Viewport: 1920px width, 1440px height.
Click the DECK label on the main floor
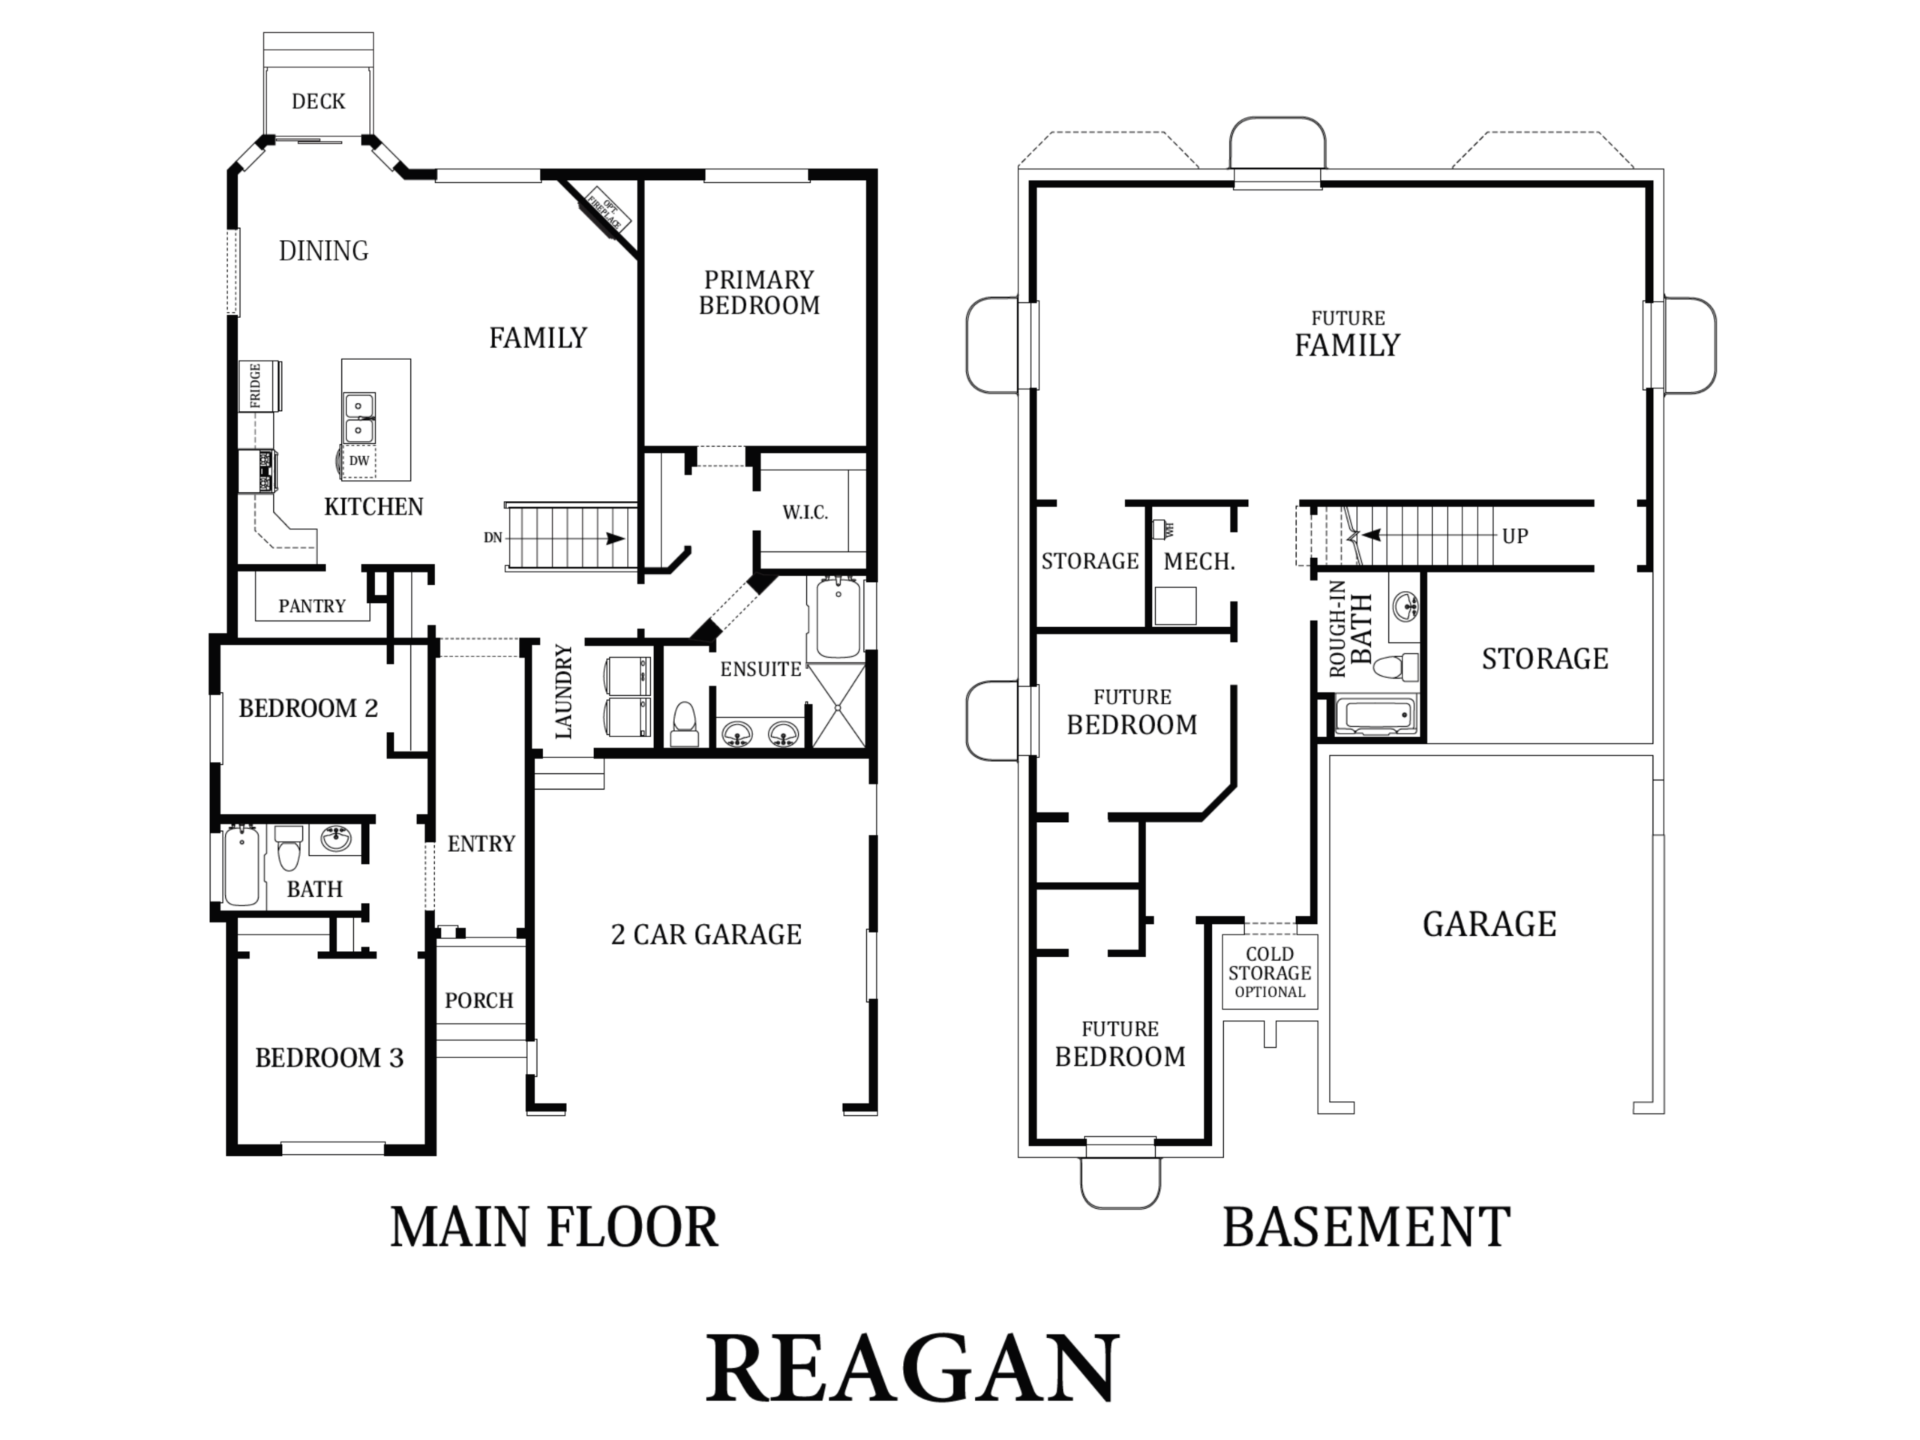[319, 101]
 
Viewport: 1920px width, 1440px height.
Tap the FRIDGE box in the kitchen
[259, 385]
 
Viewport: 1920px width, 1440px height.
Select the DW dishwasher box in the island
[358, 461]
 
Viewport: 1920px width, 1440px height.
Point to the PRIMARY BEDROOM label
[759, 292]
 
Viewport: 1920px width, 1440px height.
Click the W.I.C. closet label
[805, 512]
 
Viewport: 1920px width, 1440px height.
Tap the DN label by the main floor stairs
[493, 537]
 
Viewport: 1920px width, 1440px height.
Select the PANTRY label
[311, 606]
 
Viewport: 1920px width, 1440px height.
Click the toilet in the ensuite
[685, 724]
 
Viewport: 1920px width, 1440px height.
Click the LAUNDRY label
[563, 691]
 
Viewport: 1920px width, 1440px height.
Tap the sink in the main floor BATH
[336, 839]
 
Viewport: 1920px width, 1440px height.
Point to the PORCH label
[479, 1000]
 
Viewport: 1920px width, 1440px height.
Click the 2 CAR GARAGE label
[706, 934]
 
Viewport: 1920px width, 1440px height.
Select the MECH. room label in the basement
[1198, 562]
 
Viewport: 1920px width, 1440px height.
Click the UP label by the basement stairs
[1515, 535]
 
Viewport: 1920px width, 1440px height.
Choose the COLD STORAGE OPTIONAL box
[1270, 971]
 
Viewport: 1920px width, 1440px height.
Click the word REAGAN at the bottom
[912, 1369]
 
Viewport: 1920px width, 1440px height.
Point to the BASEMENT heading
[1366, 1226]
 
